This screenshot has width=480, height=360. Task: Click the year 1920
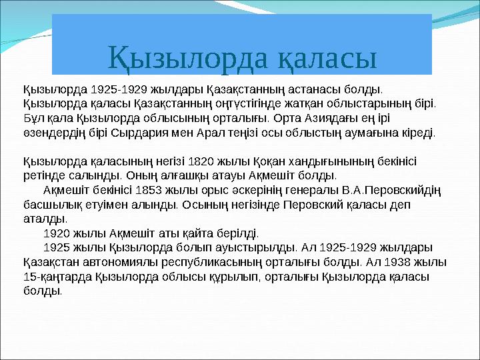tap(57, 234)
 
